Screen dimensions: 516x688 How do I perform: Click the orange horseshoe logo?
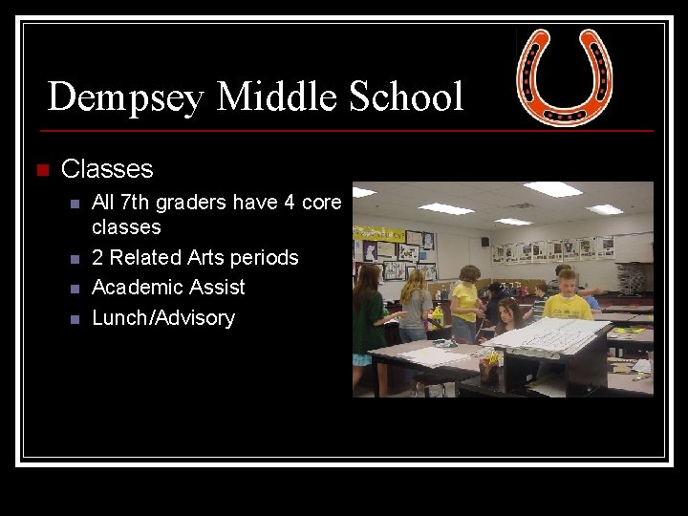[564, 76]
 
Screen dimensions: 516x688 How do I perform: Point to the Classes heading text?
[107, 169]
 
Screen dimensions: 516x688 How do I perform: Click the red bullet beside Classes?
[40, 170]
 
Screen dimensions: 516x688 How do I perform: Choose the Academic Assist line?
[168, 288]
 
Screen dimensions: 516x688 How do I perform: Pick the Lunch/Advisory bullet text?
[162, 318]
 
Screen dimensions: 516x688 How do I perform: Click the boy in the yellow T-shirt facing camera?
[568, 296]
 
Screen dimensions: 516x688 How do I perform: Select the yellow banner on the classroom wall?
[379, 233]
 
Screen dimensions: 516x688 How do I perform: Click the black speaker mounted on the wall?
[485, 242]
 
